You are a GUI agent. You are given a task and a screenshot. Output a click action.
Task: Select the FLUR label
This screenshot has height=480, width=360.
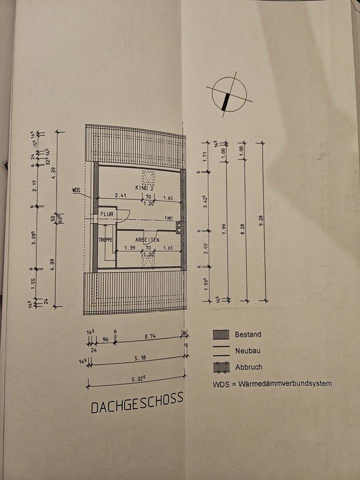point(107,214)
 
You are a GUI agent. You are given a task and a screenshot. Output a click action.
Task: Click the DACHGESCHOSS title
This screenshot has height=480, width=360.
point(137,403)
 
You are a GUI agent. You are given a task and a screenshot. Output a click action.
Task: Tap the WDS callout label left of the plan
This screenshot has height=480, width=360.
point(76,190)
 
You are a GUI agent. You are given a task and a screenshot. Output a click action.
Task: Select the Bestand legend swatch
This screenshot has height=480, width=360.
point(221,334)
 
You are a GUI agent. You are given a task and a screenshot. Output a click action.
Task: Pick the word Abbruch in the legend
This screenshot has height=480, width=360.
point(248,367)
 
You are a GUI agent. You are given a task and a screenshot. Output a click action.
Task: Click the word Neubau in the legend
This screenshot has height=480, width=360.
point(248,351)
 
